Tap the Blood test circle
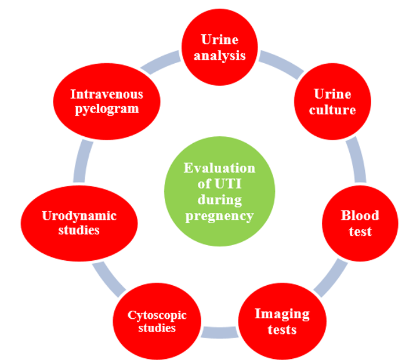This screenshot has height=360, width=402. click(x=359, y=223)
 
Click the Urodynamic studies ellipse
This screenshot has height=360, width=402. click(x=79, y=223)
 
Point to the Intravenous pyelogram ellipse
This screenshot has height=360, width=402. click(x=107, y=101)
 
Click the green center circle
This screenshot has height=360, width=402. click(x=219, y=192)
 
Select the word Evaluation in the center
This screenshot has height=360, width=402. click(x=219, y=168)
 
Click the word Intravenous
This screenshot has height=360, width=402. click(x=107, y=94)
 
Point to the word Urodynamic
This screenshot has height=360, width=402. click(x=79, y=216)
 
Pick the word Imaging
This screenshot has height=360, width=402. click(x=282, y=314)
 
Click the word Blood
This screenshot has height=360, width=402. click(x=360, y=216)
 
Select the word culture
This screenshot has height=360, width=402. click(x=332, y=109)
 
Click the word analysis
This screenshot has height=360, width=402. click(x=220, y=56)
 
